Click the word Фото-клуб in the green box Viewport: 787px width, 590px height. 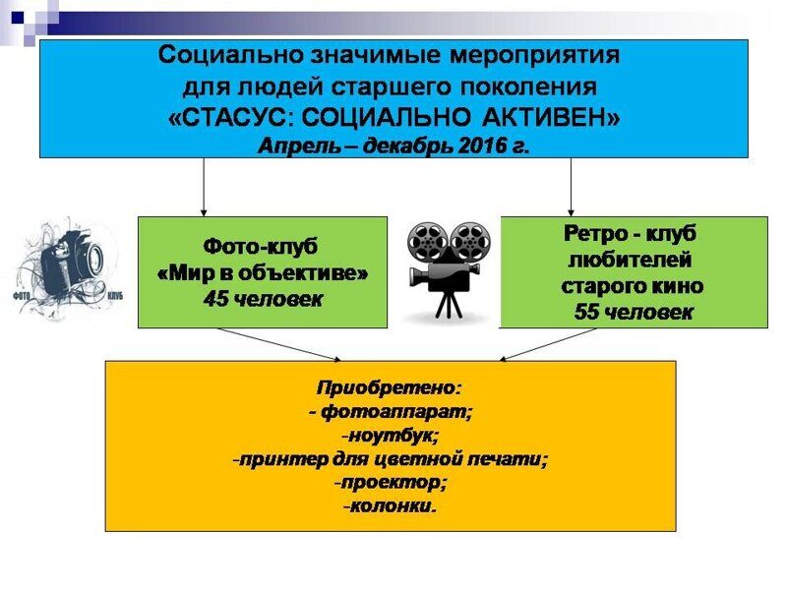pyautogui.click(x=261, y=247)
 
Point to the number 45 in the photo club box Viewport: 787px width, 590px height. pyautogui.click(x=215, y=300)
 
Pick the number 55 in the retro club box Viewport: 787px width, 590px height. pyautogui.click(x=586, y=312)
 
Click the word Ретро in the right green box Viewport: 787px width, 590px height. pyautogui.click(x=596, y=234)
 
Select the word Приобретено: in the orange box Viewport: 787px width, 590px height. pyautogui.click(x=389, y=387)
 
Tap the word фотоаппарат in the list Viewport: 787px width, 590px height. pyautogui.click(x=395, y=412)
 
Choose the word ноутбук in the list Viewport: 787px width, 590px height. pyautogui.click(x=392, y=436)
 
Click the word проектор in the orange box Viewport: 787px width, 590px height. pyautogui.click(x=393, y=483)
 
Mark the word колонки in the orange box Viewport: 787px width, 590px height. pyautogui.click(x=391, y=505)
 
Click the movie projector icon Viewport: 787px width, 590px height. pyautogui.click(x=449, y=269)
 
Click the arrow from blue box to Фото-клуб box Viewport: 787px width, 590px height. pyautogui.click(x=204, y=187)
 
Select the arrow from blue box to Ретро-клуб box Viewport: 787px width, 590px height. pyautogui.click(x=571, y=187)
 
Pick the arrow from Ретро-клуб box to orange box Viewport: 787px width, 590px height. pyautogui.click(x=548, y=345)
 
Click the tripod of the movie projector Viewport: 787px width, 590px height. pyautogui.click(x=449, y=305)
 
